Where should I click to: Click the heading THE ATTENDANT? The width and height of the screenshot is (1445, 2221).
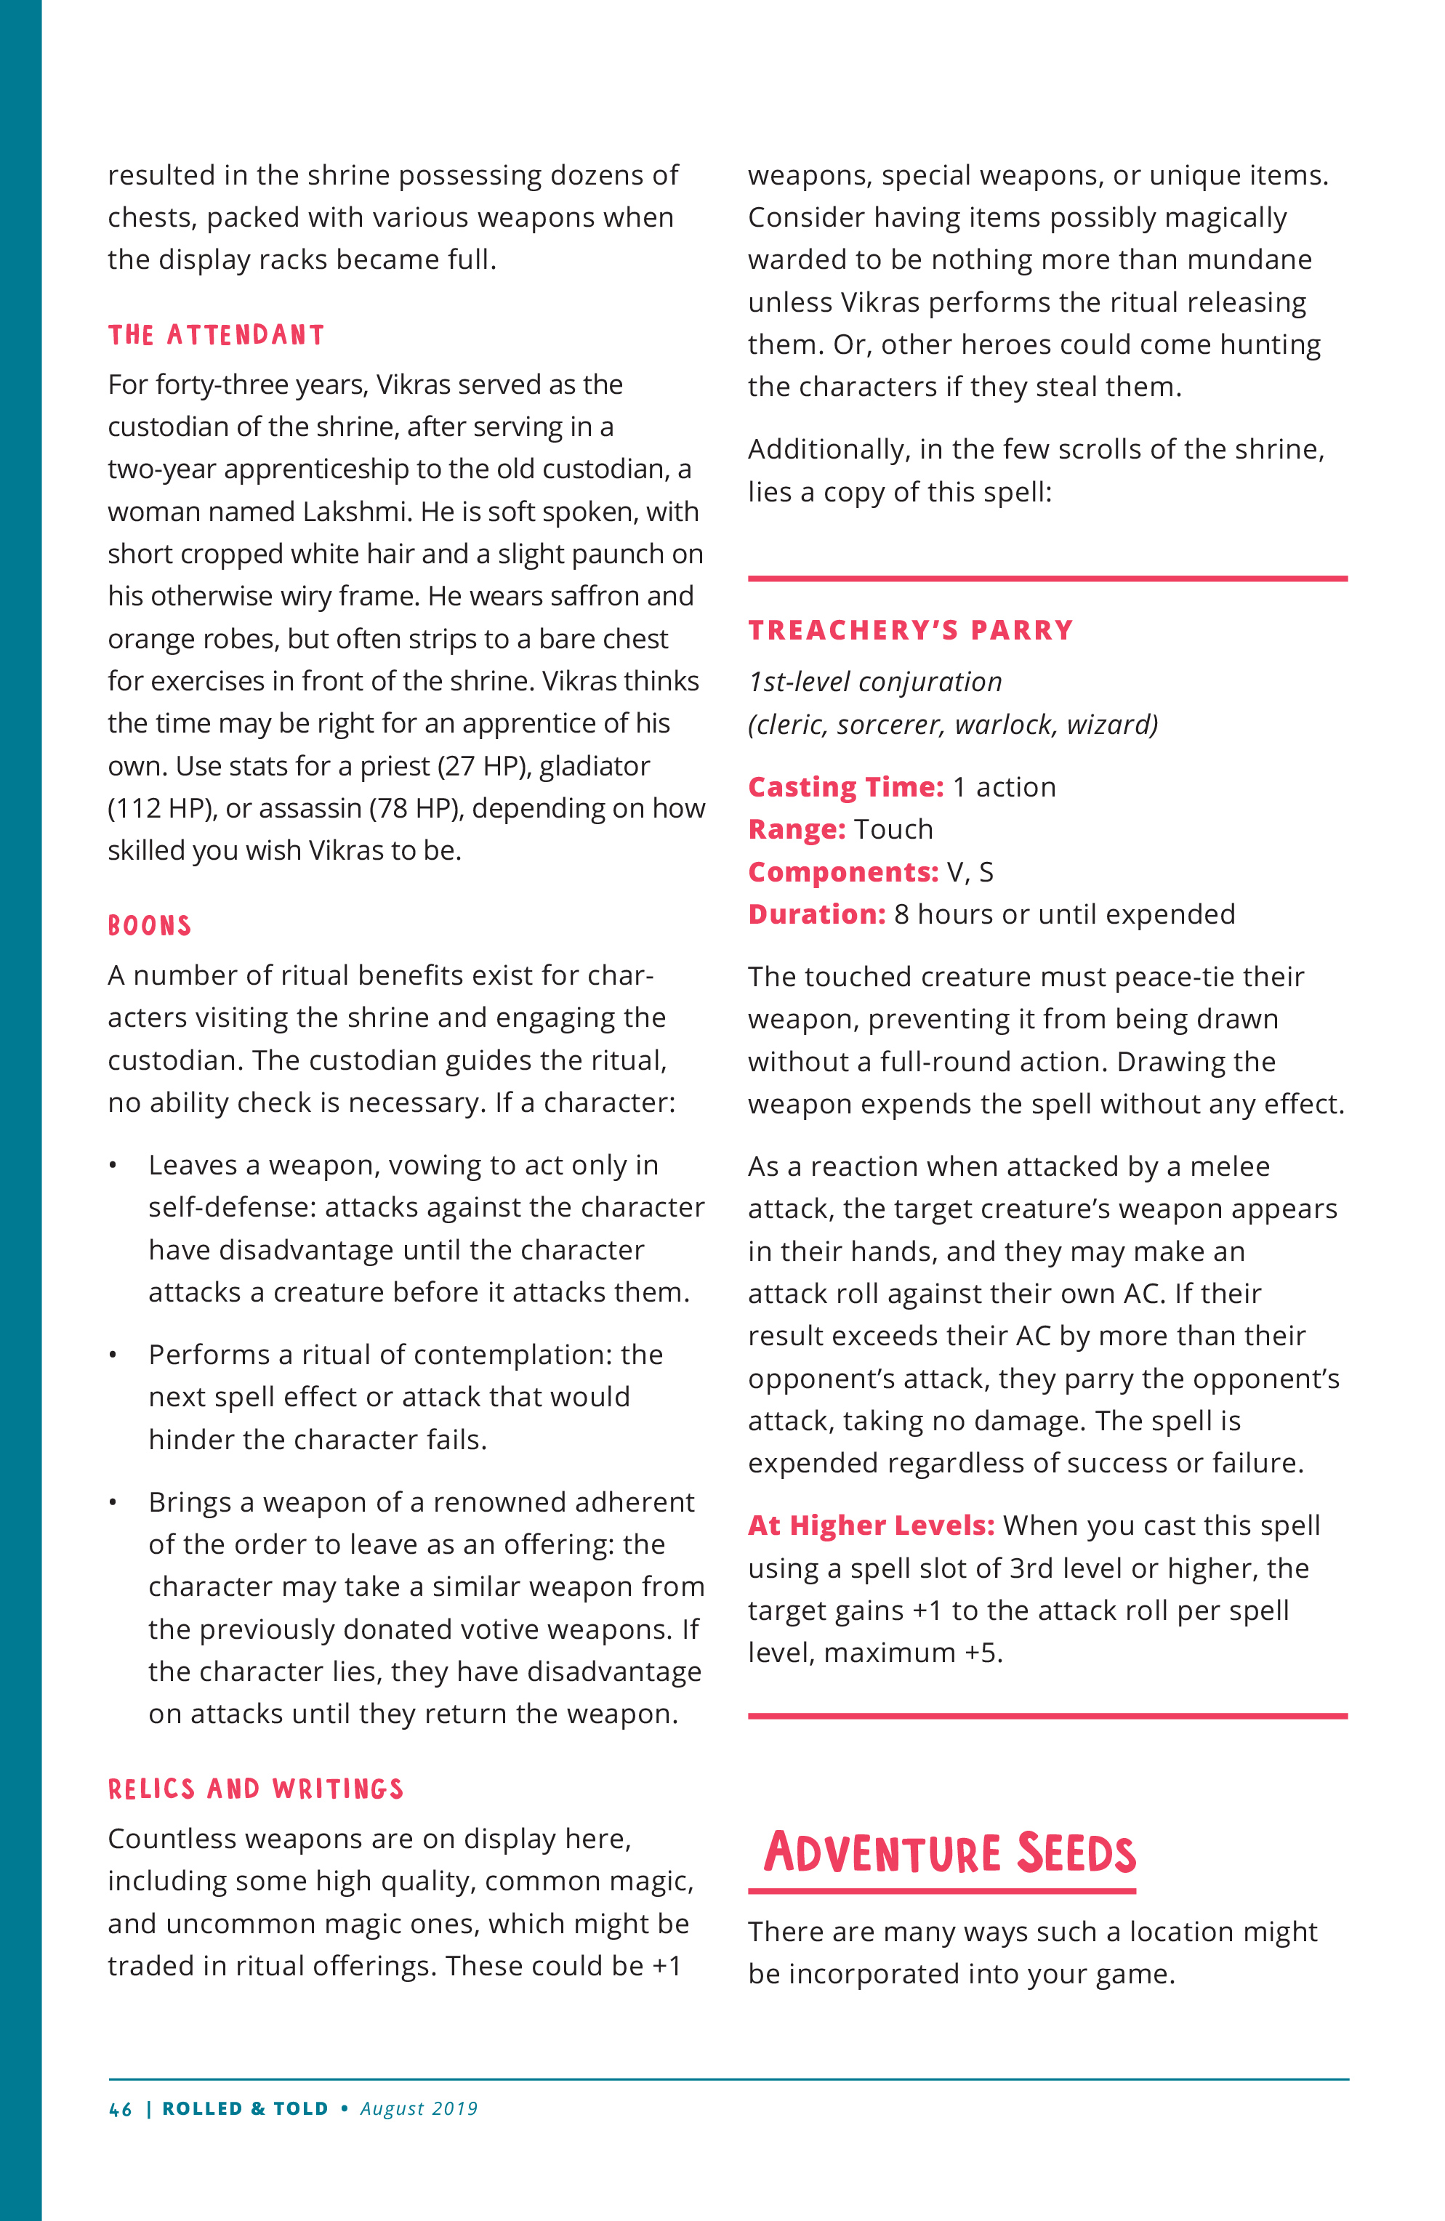[x=216, y=335]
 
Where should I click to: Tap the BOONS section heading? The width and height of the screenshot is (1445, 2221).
[x=149, y=926]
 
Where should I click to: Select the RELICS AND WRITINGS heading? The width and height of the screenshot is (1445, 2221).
[x=256, y=1789]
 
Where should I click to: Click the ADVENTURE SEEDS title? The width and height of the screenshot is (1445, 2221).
[x=949, y=1853]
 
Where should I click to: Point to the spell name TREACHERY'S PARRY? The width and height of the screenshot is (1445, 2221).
[x=910, y=630]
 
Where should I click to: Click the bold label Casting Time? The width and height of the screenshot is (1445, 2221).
[x=846, y=786]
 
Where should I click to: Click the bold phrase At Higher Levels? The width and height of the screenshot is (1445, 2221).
[x=871, y=1525]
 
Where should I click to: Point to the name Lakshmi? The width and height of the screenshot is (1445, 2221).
[x=358, y=512]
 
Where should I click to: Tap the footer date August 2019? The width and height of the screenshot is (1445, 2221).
[x=419, y=2109]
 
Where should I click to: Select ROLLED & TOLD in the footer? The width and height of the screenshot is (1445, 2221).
[x=246, y=2109]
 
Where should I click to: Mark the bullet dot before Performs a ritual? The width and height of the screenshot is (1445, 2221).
[x=113, y=1355]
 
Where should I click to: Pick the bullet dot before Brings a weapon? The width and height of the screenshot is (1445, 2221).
[x=113, y=1502]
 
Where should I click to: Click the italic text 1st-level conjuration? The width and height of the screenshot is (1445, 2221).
[x=874, y=682]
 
